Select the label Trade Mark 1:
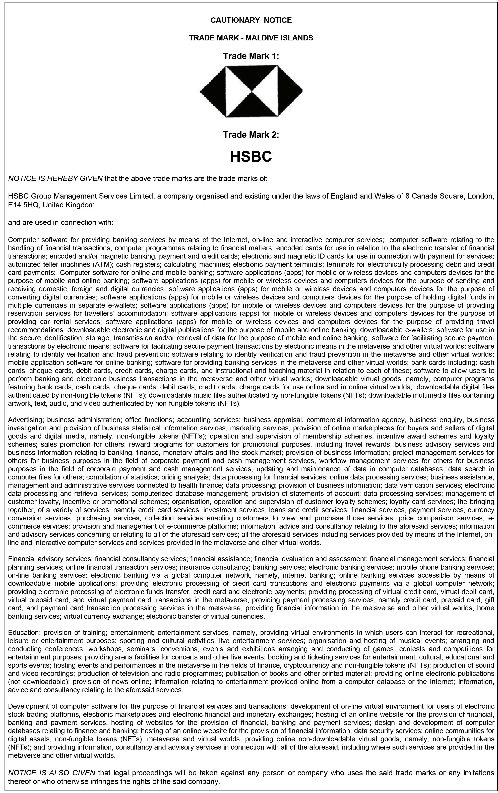tap(251, 56)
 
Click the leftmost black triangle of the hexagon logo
tap(214, 91)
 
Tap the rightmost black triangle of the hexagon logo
tap(289, 91)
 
